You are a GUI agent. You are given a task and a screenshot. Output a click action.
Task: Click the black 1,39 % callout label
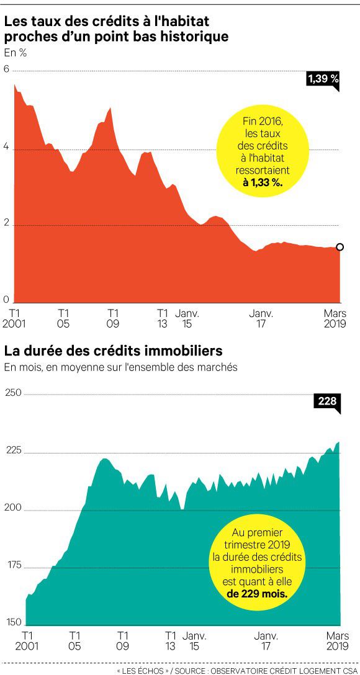[x=323, y=79]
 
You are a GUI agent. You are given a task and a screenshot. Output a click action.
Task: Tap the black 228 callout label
[x=327, y=401]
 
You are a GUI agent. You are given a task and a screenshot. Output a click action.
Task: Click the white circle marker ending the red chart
[x=340, y=247]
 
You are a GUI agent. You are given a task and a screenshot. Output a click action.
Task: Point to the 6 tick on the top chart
[x=6, y=69]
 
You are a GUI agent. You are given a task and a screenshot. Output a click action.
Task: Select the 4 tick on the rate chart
[x=6, y=146]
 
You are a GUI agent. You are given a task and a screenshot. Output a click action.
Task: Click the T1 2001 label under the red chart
[x=14, y=318]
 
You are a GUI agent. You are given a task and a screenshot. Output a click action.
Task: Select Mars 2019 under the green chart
[x=335, y=640]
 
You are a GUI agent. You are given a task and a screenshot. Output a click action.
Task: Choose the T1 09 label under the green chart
[x=123, y=640]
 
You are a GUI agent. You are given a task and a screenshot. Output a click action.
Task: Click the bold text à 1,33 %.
[x=263, y=183]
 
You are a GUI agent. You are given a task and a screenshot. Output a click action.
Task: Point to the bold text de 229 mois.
[x=257, y=594]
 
